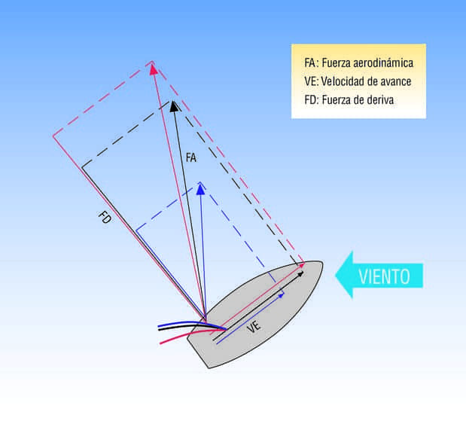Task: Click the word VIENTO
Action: pos(383,276)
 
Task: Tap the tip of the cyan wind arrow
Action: pos(337,275)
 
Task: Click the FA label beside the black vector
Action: pos(191,158)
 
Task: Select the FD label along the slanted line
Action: pos(105,218)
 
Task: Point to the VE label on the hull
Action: pos(254,325)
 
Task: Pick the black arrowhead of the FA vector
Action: pos(174,105)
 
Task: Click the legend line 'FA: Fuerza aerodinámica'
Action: pos(358,63)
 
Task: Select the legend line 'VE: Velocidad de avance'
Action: pos(358,81)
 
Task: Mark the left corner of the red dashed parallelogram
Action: pos(53,136)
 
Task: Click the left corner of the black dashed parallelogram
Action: pos(82,166)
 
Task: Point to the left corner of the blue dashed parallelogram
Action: pos(136,230)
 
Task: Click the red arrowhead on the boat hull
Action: pos(302,264)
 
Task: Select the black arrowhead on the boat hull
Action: pos(302,273)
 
